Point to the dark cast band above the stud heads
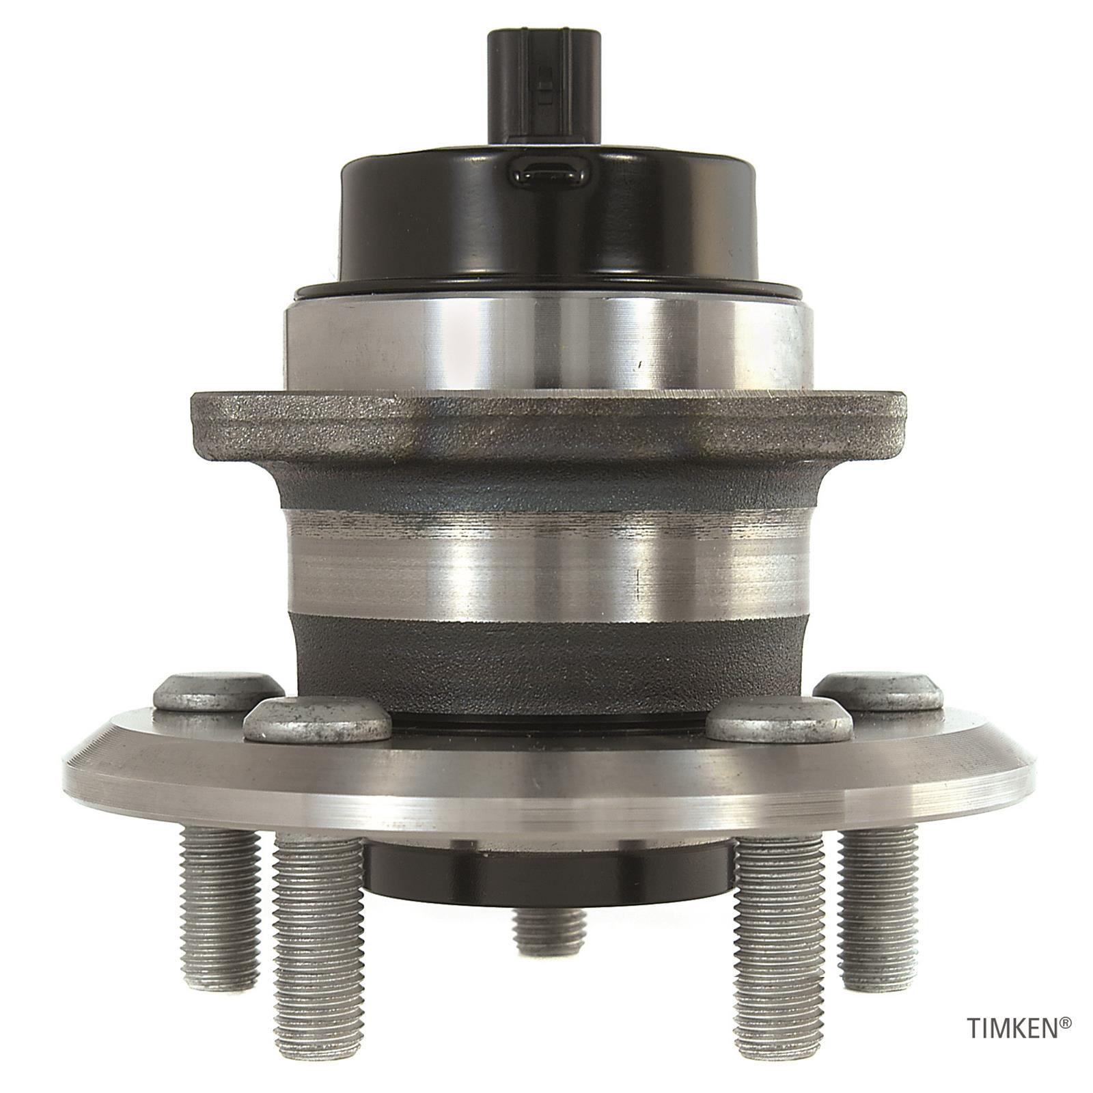[546, 649]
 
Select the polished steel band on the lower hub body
[546, 560]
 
